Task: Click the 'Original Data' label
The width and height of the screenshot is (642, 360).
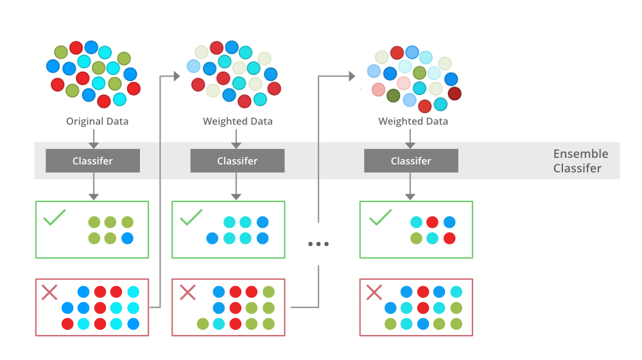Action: [x=97, y=121]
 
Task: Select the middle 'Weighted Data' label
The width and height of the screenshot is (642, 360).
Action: [x=238, y=121]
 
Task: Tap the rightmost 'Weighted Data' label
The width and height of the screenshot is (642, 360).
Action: [x=413, y=121]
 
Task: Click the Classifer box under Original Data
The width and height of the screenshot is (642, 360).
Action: [x=92, y=161]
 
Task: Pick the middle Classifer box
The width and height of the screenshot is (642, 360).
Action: [x=238, y=161]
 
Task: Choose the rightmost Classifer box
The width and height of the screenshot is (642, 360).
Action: [x=411, y=161]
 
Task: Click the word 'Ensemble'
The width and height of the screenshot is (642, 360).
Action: [x=580, y=154]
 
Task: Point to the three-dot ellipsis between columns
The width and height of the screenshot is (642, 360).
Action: [x=318, y=244]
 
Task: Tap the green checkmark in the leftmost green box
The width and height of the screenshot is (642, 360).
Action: [x=55, y=218]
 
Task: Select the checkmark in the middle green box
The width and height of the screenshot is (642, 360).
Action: [x=191, y=218]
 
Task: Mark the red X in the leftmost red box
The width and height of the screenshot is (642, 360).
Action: [x=49, y=293]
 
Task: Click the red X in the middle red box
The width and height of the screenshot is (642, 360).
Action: [x=187, y=293]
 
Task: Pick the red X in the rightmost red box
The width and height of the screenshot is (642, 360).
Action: [x=374, y=293]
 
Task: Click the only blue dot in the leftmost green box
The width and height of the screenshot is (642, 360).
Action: [x=127, y=238]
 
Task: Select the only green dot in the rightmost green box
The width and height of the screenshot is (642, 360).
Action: [x=416, y=238]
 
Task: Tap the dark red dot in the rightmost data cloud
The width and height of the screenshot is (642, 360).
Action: [x=455, y=94]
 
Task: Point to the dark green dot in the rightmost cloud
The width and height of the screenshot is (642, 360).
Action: [x=394, y=96]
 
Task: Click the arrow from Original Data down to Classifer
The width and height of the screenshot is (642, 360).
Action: [x=92, y=138]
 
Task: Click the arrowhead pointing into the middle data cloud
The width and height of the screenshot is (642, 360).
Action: [x=177, y=76]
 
